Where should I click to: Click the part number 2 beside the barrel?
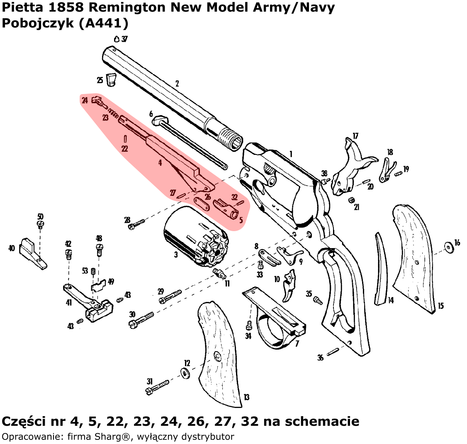click(177, 84)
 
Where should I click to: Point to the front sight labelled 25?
click(111, 79)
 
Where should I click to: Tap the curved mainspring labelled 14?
click(382, 269)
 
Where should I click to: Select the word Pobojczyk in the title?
click(37, 23)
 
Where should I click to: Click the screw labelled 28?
click(137, 224)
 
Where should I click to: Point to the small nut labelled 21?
click(351, 200)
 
